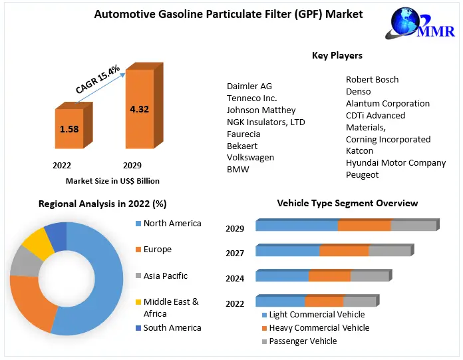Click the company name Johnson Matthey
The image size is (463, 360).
[x=261, y=110]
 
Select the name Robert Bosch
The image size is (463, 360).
[x=372, y=79]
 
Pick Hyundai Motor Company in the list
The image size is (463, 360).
[x=396, y=162]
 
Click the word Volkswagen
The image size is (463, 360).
[x=250, y=158]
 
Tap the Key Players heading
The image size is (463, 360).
[x=337, y=55]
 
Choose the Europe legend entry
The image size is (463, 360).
[x=157, y=250]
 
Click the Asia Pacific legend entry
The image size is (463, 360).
[x=165, y=275]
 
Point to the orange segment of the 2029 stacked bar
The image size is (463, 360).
[x=364, y=226]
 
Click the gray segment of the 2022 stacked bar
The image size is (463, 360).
[x=359, y=301]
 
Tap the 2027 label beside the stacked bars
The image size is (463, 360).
[x=235, y=254]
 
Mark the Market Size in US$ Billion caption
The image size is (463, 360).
[x=112, y=180]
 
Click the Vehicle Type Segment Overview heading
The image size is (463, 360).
[x=347, y=203]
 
